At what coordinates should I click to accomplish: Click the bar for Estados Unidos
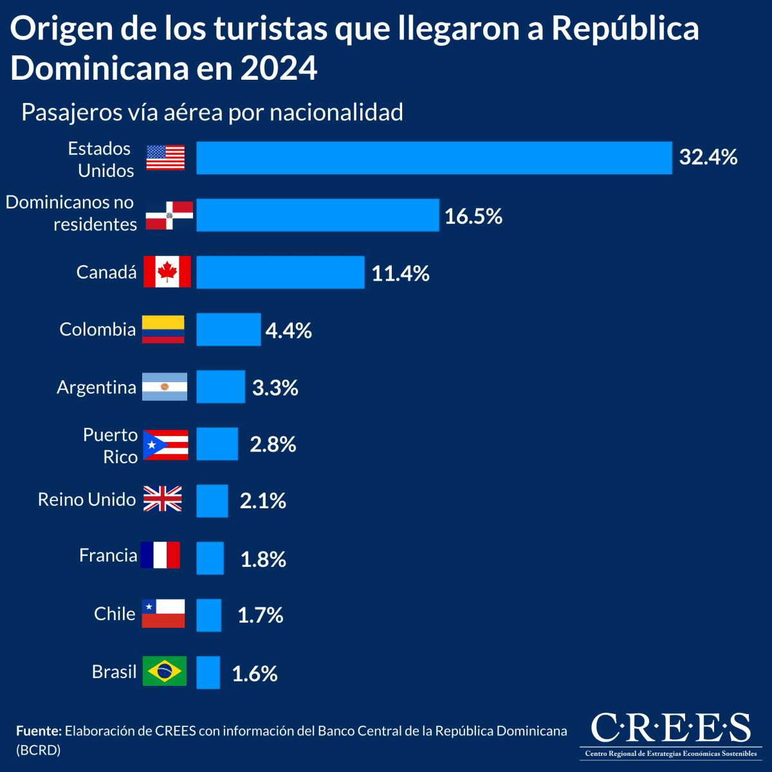(434, 158)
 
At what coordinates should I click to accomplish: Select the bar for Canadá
(280, 272)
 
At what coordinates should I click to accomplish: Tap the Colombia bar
(228, 329)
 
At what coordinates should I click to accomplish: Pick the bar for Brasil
(208, 672)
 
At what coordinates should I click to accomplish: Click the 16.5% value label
(473, 216)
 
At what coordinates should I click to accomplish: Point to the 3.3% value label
(275, 387)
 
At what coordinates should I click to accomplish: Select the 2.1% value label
(262, 501)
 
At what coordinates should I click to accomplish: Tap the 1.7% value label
(260, 616)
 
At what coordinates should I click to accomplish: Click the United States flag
(165, 158)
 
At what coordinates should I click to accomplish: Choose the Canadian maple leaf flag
(167, 271)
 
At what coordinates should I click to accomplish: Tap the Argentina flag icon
(165, 387)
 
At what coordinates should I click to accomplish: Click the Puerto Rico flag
(165, 445)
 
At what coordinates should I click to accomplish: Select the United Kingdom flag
(162, 499)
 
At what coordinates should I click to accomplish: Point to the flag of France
(160, 555)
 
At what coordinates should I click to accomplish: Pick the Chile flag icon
(163, 613)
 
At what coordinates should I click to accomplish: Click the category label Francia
(108, 555)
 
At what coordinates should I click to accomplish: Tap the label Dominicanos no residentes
(71, 213)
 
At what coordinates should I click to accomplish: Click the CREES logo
(670, 734)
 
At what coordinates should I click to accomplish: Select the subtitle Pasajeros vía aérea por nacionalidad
(212, 112)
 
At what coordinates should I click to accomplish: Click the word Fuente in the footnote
(39, 731)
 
